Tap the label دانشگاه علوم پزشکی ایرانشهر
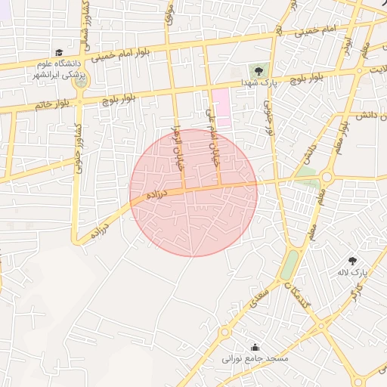(x=59, y=70)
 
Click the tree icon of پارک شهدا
(x=260, y=71)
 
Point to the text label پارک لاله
(x=351, y=271)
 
